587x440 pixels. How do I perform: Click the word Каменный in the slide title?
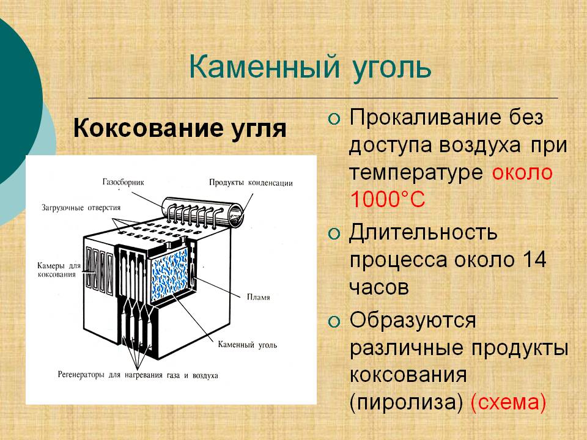pos(265,67)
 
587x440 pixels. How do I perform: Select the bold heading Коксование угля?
pos(180,129)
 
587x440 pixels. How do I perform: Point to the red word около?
pos(522,173)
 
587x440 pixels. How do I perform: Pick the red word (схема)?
pos(508,403)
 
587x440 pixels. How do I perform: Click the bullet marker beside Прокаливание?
pos(334,119)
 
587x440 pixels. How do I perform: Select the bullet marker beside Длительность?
pos(334,234)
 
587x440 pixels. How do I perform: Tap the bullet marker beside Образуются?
pos(334,321)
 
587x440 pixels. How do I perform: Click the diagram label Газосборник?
pos(123,182)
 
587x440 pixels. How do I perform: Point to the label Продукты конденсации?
pos(251,183)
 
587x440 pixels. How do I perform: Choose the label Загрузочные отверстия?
pos(81,208)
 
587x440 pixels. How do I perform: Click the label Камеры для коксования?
pos(59,269)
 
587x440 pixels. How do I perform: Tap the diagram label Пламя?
pos(258,297)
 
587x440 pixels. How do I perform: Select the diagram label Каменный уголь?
pos(248,345)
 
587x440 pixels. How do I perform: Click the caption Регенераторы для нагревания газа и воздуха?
pos(138,375)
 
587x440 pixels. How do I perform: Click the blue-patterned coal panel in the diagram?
pos(169,274)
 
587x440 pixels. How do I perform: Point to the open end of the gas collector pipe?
pos(237,215)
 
